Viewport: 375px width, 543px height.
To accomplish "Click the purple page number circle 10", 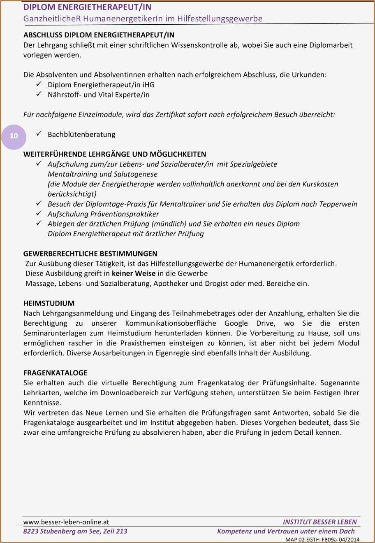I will [x=14, y=136].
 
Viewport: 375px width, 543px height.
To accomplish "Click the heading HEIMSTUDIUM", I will [x=49, y=303].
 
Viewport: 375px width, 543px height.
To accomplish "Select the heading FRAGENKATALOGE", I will [x=56, y=373].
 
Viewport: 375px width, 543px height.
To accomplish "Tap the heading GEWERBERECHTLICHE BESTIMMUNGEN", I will [x=90, y=254].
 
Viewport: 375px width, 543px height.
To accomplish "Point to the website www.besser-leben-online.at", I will [x=66, y=522].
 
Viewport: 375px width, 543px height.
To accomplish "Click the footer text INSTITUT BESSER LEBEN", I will [x=319, y=522].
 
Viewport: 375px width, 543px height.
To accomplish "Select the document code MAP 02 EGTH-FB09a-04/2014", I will [x=322, y=539].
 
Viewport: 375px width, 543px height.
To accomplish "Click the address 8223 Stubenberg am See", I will [x=61, y=531].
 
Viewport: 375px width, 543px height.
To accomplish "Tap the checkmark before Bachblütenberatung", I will [x=39, y=134].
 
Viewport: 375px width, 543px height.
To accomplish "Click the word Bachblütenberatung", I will [x=81, y=134].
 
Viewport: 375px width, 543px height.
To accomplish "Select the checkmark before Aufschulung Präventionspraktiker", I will [x=39, y=213].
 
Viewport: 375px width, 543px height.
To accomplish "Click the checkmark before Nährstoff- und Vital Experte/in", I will [x=39, y=94].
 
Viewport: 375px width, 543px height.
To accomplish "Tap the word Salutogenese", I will [x=135, y=174].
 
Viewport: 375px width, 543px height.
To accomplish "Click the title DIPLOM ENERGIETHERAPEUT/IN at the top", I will [x=87, y=7].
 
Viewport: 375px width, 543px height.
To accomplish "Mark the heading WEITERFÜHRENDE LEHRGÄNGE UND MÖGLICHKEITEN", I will [x=115, y=154].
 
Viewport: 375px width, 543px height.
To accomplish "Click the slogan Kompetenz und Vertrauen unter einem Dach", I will [x=286, y=531].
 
